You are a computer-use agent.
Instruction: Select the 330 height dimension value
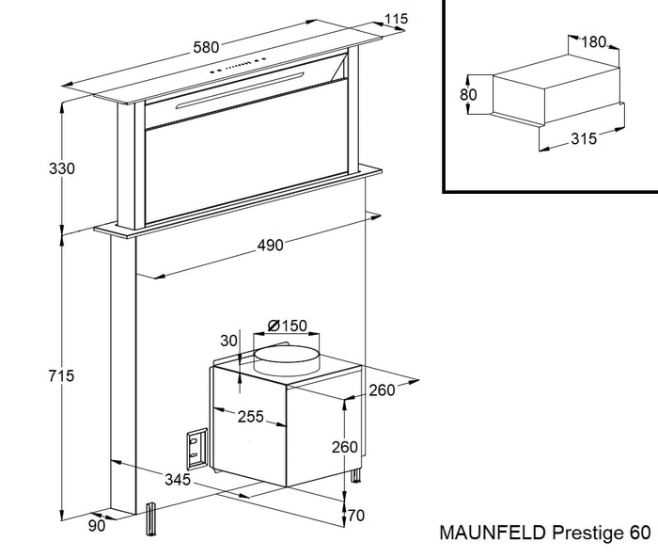36,169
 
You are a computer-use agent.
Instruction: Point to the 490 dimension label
270,246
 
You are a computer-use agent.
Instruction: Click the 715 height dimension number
36,375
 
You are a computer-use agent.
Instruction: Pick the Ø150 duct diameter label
287,326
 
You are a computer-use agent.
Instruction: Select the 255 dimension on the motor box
250,417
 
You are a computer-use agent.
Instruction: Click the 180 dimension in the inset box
594,41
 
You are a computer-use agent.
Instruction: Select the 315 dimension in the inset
585,139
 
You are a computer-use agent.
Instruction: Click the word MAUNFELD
491,533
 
